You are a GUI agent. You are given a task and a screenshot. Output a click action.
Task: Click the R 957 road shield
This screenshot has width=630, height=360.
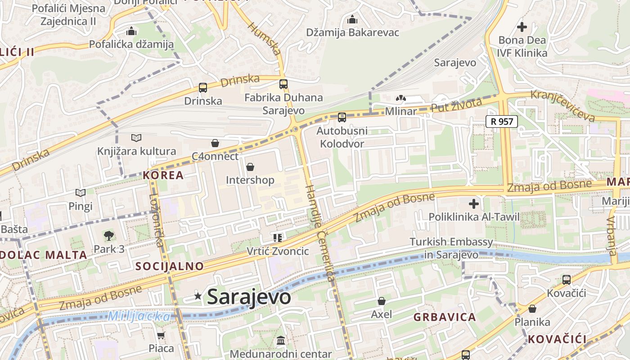(x=502, y=121)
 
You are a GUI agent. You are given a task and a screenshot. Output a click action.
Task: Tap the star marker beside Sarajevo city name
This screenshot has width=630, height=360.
(x=198, y=296)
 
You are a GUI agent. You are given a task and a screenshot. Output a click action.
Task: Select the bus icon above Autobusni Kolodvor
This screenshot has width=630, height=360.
(x=342, y=117)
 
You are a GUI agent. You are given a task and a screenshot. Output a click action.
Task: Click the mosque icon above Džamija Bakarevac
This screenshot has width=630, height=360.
(x=352, y=19)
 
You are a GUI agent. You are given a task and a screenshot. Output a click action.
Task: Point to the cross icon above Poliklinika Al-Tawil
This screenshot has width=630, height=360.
(x=473, y=204)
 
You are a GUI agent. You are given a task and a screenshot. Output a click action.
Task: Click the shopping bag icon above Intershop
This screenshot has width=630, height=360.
(x=250, y=167)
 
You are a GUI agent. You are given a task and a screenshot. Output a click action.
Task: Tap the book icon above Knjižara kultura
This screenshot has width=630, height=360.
(x=136, y=138)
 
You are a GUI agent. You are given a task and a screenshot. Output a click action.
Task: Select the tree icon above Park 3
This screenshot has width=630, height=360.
(x=108, y=235)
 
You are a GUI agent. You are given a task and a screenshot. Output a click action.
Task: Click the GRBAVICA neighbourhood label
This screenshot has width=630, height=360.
(x=445, y=317)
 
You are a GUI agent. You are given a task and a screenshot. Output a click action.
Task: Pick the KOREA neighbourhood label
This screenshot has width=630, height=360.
(x=163, y=175)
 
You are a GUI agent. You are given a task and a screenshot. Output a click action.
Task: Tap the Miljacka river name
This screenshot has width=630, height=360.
(x=139, y=316)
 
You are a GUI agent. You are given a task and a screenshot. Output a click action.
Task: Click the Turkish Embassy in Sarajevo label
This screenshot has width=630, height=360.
(x=451, y=248)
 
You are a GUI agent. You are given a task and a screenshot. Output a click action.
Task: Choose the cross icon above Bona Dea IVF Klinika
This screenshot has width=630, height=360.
(x=522, y=27)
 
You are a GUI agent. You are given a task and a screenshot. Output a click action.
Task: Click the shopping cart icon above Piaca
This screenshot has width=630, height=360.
(x=161, y=335)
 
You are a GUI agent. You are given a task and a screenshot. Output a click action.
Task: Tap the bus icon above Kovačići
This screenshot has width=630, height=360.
(x=566, y=280)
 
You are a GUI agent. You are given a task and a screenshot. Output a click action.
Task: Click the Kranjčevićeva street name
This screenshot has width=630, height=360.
(x=562, y=106)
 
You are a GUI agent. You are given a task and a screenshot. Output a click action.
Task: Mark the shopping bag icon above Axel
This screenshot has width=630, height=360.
(x=382, y=301)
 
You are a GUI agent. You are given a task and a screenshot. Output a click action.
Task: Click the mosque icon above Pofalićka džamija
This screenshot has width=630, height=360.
(x=131, y=31)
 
